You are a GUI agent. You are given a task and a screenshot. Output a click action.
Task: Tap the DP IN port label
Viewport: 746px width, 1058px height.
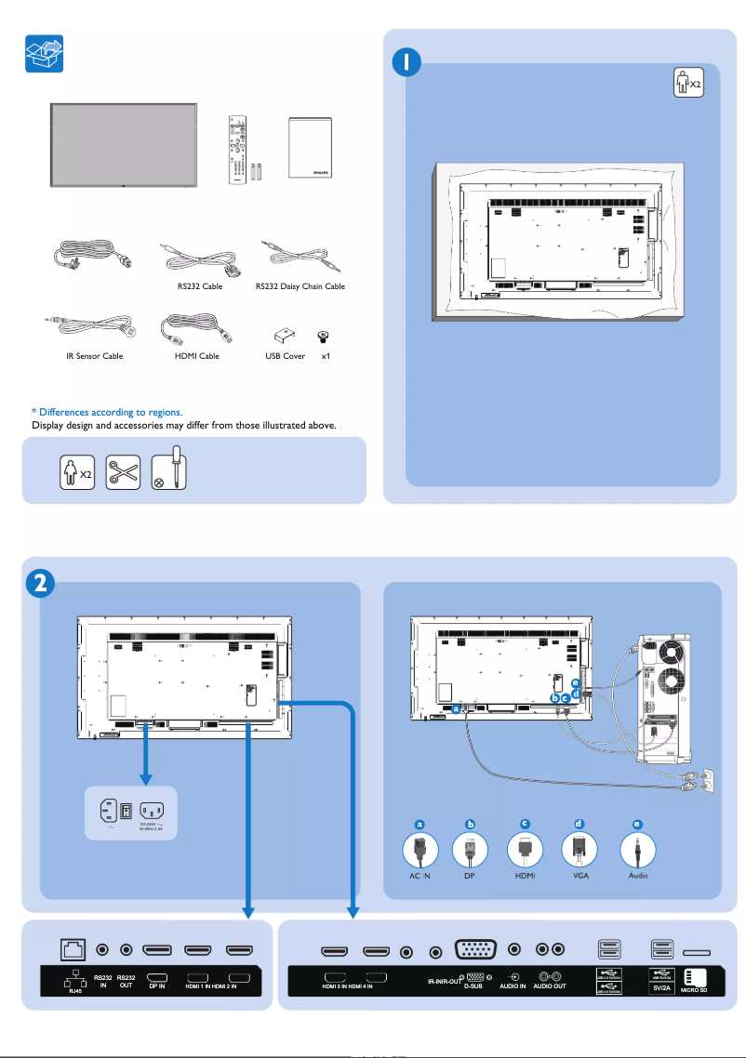[x=156, y=985]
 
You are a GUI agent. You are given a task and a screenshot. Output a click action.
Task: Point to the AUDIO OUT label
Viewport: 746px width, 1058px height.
[x=549, y=985]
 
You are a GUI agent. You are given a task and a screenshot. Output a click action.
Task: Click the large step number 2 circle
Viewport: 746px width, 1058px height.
[x=37, y=583]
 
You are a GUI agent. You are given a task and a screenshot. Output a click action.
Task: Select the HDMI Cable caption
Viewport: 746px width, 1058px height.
[x=196, y=356]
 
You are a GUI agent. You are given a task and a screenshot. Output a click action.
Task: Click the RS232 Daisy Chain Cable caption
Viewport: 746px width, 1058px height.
[x=300, y=286]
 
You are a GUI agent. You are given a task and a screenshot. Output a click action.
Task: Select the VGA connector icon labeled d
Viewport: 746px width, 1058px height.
[x=579, y=850]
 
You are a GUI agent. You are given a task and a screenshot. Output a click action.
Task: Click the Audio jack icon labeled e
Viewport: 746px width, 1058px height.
[x=637, y=850]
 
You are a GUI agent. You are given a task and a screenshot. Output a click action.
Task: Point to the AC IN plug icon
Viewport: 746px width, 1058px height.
[x=420, y=850]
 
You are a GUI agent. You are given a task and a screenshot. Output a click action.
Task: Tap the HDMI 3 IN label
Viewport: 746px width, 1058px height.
[x=334, y=985]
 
